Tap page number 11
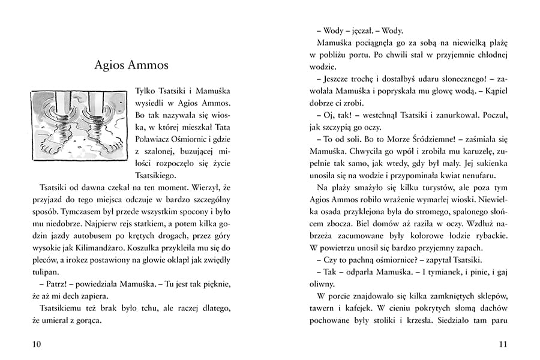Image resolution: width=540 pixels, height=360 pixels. [x=503, y=344]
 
